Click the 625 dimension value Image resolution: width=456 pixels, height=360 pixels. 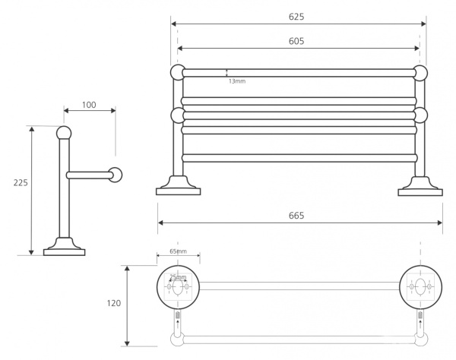(x=296, y=17)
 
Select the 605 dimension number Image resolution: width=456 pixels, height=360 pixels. (x=296, y=41)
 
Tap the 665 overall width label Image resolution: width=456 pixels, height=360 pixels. (x=296, y=216)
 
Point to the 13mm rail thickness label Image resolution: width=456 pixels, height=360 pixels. (x=237, y=81)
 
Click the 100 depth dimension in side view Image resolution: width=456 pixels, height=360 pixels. (x=89, y=105)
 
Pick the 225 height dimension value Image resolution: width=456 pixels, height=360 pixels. (x=21, y=183)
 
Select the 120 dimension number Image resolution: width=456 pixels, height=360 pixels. (x=114, y=303)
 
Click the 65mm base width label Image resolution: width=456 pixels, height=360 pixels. (x=179, y=251)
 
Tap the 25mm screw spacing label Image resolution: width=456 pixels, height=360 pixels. (x=178, y=277)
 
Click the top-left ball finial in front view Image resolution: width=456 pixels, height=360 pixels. (x=178, y=72)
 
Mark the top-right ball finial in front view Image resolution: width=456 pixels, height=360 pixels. (x=420, y=73)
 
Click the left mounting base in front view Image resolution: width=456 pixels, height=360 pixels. (x=179, y=186)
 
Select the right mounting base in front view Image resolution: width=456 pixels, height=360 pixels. (x=420, y=187)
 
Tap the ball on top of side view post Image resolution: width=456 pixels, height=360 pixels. (x=64, y=133)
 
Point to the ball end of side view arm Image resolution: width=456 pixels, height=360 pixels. (x=116, y=175)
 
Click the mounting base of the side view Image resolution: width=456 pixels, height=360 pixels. (x=65, y=247)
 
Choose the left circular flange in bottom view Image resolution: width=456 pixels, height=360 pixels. (x=178, y=287)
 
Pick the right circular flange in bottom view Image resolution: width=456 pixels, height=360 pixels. (x=420, y=287)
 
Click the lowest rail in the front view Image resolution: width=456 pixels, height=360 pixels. (x=299, y=158)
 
